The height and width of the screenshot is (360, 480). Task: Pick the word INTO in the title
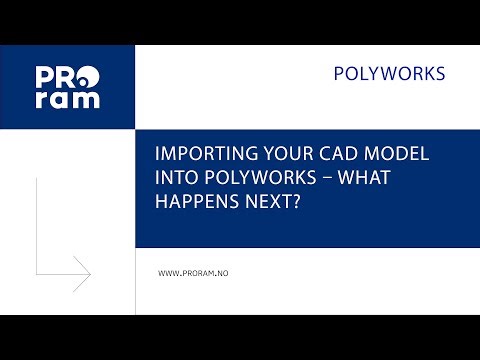pyautogui.click(x=178, y=179)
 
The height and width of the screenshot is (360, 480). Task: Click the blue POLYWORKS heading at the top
pyautogui.click(x=388, y=74)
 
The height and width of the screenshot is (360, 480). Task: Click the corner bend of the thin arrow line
pyautogui.click(x=36, y=273)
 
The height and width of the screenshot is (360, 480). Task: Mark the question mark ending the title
pyautogui.click(x=300, y=201)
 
